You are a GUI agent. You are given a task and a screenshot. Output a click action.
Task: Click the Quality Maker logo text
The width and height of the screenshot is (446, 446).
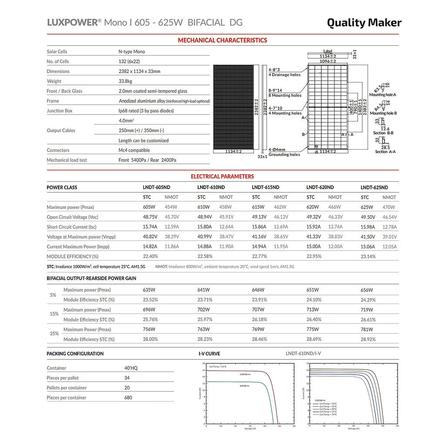pos(364,23)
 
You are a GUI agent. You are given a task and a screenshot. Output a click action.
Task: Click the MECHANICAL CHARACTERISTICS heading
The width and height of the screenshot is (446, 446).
pos(222,40)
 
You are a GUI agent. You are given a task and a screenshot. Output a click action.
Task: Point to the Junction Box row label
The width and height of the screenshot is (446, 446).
pos(60,111)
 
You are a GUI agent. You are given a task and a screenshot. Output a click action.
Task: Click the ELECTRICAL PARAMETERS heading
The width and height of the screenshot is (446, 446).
pos(222,176)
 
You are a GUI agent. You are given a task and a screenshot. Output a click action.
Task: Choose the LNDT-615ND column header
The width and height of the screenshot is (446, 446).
pos(265,187)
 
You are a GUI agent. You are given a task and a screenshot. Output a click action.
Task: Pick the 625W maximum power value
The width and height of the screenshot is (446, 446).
pos(367,207)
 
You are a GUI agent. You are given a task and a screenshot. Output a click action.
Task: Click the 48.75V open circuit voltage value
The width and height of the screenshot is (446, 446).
pos(150,217)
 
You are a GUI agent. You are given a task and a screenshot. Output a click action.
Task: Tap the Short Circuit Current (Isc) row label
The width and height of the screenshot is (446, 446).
pos(71,227)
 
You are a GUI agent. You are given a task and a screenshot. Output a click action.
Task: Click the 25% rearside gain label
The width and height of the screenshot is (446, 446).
pos(54,334)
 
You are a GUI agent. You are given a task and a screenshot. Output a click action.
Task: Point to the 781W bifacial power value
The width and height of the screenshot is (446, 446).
pos(367,330)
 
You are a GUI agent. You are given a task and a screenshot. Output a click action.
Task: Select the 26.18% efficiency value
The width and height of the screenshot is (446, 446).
pos(260,320)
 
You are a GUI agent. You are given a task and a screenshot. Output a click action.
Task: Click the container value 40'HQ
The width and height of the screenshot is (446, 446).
pos(131,368)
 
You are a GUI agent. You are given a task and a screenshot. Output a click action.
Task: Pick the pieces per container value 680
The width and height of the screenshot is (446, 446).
pos(128,398)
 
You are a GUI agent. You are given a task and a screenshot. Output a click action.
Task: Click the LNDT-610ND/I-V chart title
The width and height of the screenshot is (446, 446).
pos(303,354)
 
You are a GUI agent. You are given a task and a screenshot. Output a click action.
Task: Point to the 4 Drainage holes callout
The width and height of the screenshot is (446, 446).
pos(284,75)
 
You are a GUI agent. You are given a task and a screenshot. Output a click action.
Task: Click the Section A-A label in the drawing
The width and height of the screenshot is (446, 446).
pos(385,152)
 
